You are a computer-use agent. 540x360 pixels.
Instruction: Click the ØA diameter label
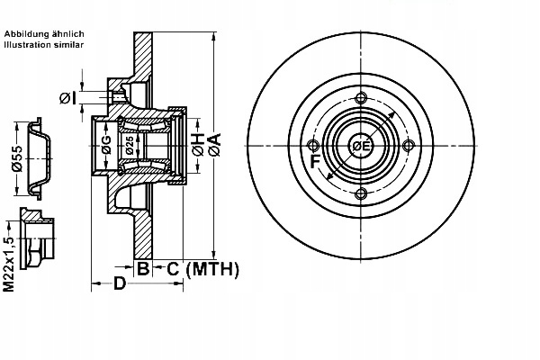[x=214, y=145]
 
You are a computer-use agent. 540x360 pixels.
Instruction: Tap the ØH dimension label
[x=199, y=146]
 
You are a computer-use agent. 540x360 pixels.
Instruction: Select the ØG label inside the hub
[x=106, y=145]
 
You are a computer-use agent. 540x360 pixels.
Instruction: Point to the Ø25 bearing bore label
[x=129, y=146]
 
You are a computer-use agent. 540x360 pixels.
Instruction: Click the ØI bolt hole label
[x=67, y=98]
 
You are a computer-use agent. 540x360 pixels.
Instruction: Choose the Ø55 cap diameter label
[x=16, y=158]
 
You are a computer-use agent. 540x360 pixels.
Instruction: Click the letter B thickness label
[x=143, y=268]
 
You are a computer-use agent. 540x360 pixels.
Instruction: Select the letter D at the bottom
[x=120, y=283]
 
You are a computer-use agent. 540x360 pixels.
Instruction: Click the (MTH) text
[x=212, y=269]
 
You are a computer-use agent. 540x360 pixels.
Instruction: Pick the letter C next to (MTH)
[x=173, y=269]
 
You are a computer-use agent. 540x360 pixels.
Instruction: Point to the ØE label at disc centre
[x=361, y=147]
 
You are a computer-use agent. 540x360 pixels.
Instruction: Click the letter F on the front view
[x=316, y=162]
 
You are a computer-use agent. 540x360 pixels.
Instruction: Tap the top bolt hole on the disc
[x=361, y=98]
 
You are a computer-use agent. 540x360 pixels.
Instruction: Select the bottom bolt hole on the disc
[x=361, y=193]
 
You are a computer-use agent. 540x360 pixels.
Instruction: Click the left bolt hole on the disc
[x=312, y=146]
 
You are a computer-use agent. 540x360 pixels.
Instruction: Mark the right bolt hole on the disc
[x=409, y=146]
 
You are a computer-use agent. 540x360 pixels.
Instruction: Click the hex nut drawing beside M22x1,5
[x=37, y=238]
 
